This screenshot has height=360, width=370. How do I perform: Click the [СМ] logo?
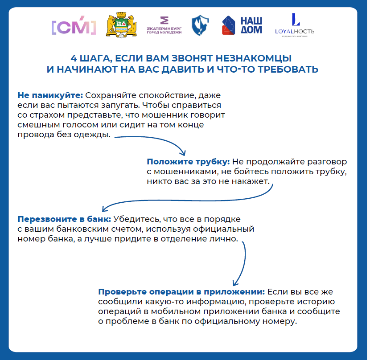point(74,27)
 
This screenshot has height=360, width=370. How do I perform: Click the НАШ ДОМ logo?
point(242,26)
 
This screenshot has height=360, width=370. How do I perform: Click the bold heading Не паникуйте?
point(50,96)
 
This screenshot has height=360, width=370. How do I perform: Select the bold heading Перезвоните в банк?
point(64,220)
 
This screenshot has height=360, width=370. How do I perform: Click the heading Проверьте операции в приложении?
point(181,292)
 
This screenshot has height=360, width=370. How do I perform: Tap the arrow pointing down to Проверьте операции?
point(243,263)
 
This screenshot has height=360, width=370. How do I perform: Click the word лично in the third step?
point(225,239)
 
